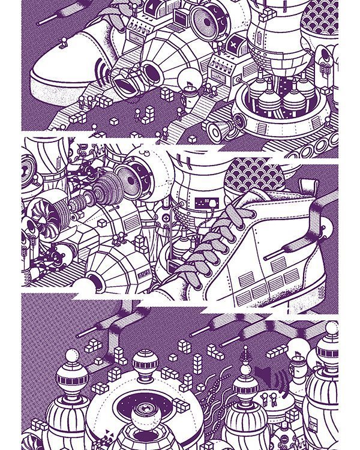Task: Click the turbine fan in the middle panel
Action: point(44,218)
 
